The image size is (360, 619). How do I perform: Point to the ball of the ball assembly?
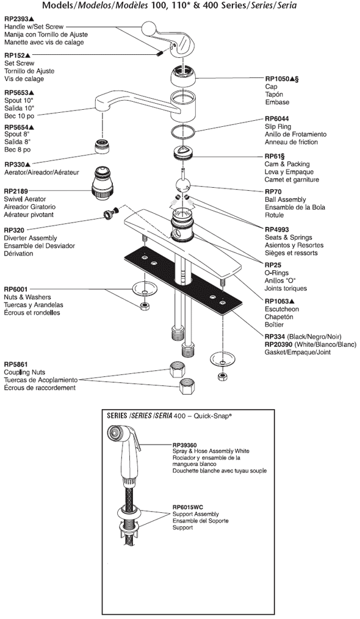182,185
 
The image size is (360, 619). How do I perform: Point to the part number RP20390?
279,344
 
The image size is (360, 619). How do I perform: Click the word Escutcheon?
282,309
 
